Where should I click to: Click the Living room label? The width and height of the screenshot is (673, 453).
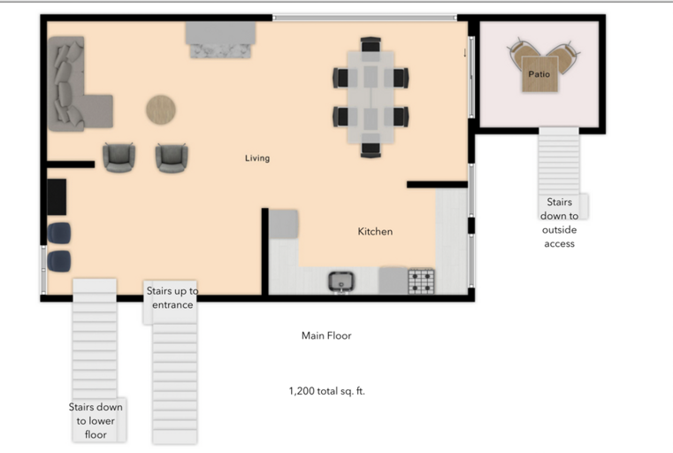[257, 158]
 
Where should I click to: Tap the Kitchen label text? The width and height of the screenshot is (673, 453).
[375, 232]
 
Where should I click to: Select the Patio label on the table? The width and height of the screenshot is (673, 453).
[539, 74]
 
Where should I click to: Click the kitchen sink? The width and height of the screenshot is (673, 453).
[342, 281]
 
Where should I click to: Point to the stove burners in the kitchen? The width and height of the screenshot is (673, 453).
[422, 281]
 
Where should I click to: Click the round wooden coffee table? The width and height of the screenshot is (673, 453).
[161, 110]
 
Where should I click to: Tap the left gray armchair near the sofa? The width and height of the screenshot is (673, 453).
[119, 157]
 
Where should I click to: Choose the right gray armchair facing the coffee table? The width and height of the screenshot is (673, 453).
[172, 157]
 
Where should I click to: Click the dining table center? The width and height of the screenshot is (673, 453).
[371, 96]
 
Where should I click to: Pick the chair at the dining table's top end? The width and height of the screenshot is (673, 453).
[371, 43]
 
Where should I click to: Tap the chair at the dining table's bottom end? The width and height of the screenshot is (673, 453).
[371, 149]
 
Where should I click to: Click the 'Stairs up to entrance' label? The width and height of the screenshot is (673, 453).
[172, 298]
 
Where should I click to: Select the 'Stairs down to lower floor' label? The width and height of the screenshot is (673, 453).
[96, 420]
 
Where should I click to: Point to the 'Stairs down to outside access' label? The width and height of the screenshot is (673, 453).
[559, 223]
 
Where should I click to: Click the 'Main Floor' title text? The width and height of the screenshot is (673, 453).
[326, 336]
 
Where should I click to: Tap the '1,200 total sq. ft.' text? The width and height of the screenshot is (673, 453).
[326, 390]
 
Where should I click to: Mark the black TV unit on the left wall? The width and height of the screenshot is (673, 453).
[57, 196]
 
